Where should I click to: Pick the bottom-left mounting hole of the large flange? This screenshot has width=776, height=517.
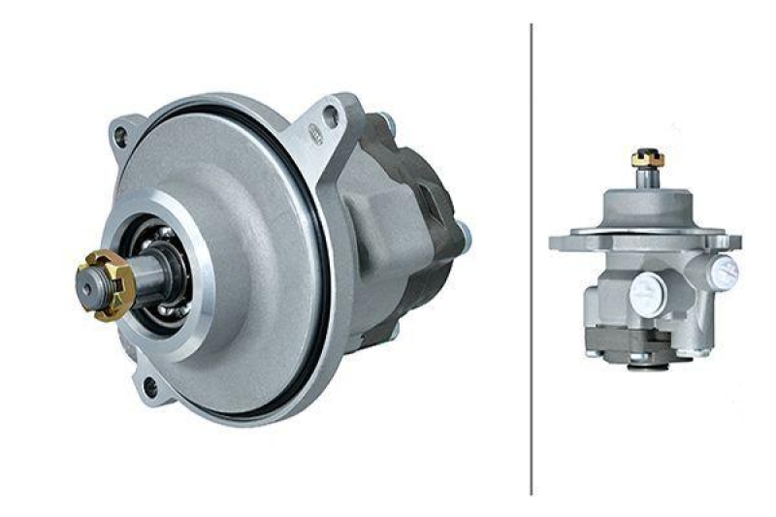point(150,387)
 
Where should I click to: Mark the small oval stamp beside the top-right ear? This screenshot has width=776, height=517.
point(315,134)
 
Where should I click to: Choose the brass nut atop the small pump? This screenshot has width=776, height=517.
point(644,156)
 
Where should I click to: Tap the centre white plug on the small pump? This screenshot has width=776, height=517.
point(647,288)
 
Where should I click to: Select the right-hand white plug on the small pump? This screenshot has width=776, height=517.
point(724,274)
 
